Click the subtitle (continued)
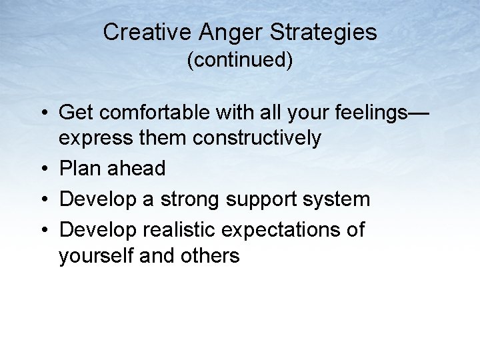click(x=240, y=61)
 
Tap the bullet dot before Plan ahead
click(x=43, y=169)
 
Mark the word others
click(x=211, y=255)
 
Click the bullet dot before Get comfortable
click(x=43, y=114)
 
